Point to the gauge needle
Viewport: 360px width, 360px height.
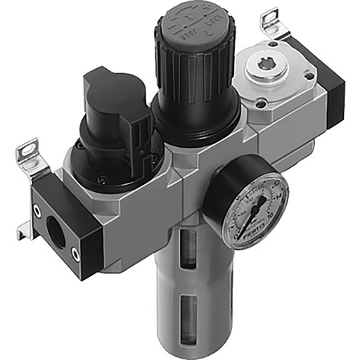coord(252,212)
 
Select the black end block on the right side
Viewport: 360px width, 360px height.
coord(331,91)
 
